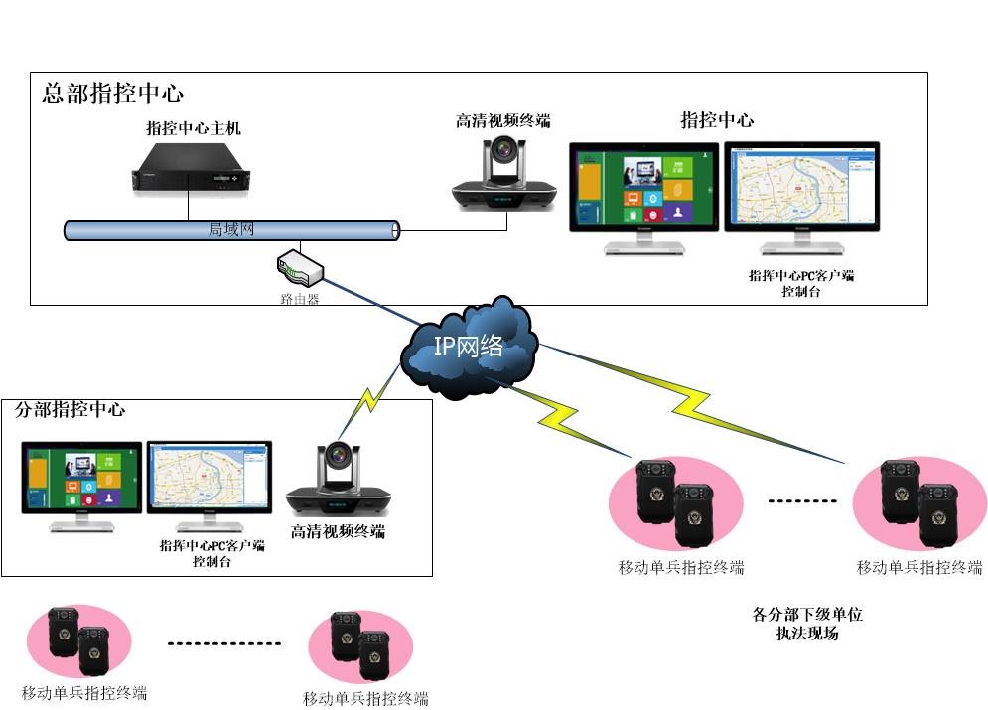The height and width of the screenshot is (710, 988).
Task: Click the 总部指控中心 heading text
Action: [112, 94]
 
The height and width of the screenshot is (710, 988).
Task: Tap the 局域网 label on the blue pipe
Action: [231, 229]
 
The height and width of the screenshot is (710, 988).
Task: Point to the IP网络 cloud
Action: [469, 347]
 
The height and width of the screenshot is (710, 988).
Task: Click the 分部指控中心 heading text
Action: [71, 409]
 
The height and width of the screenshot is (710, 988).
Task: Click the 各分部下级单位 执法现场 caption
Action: [807, 624]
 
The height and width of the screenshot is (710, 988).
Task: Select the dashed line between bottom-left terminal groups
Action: [223, 643]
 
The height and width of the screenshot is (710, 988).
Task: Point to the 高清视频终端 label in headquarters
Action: [502, 121]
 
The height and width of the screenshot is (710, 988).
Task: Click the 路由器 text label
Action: [300, 299]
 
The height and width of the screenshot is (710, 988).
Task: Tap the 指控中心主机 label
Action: [194, 128]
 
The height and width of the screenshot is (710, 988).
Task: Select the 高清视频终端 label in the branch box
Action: [338, 531]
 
